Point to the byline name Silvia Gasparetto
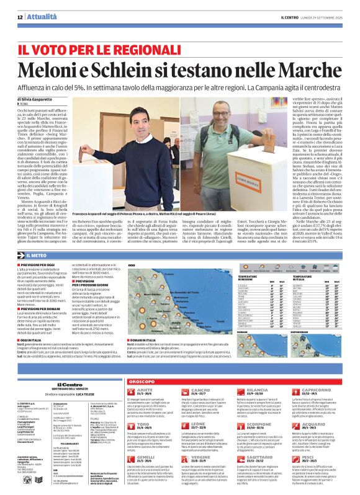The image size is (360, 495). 40,99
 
